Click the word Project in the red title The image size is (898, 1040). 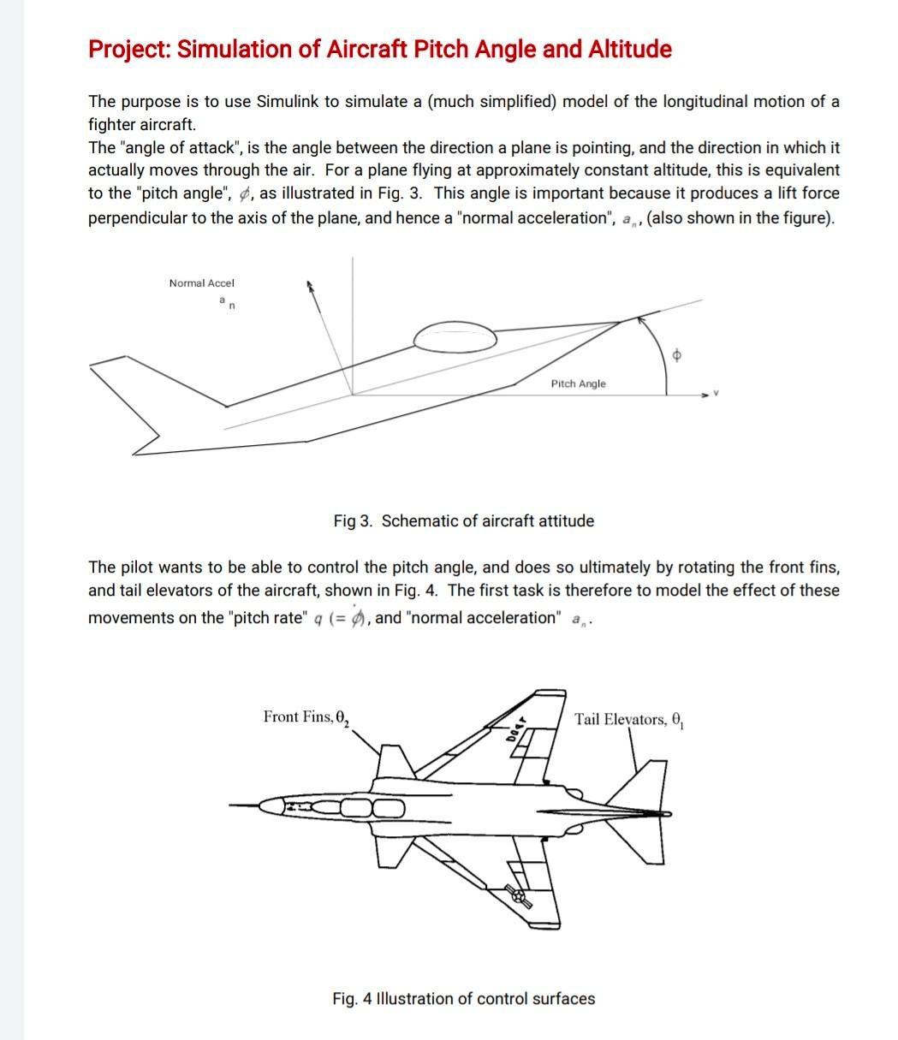pos(129,50)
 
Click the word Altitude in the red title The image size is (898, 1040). pos(629,50)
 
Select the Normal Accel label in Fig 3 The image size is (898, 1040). pos(201,283)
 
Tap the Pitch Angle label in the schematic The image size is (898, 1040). pos(578,384)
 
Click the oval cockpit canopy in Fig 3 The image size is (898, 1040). pos(455,337)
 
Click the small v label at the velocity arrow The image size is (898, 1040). pos(717,395)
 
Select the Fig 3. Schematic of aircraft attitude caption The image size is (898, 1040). pos(463,521)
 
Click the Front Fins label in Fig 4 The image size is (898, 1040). pos(306,717)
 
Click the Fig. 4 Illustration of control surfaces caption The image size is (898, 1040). pos(463,999)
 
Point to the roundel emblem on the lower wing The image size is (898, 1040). pos(519,895)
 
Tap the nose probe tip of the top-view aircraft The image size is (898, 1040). pos(233,805)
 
